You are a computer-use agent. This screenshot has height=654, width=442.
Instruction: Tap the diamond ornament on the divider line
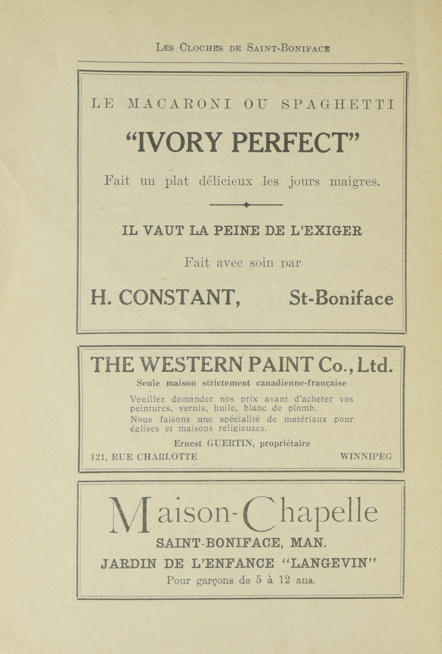pos(246,205)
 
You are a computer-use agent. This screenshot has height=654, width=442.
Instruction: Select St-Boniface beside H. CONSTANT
pos(341,298)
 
